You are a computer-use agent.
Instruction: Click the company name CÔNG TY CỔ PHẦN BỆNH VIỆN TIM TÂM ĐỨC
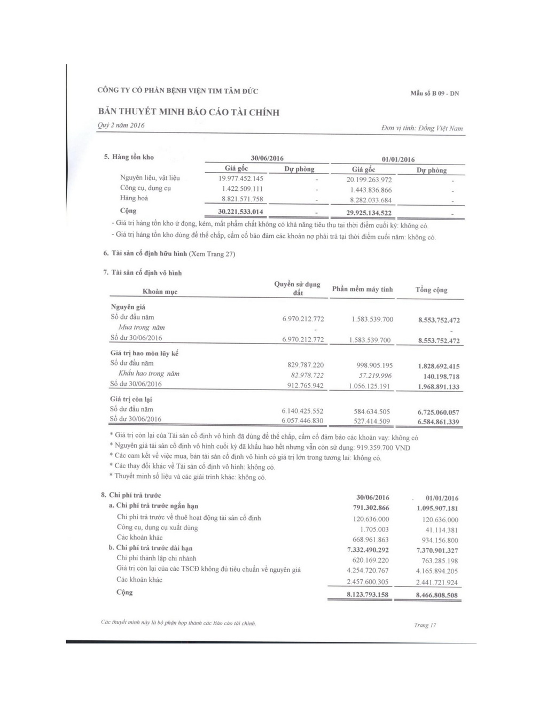[x=178, y=91]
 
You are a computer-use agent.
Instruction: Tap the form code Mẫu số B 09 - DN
[x=434, y=93]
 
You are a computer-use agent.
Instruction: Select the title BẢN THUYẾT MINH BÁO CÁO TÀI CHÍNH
[x=189, y=112]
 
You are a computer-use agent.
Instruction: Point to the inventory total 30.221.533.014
[x=240, y=212]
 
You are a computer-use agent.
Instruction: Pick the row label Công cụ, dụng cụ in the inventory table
[x=145, y=188]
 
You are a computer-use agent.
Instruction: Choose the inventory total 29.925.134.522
[x=369, y=213]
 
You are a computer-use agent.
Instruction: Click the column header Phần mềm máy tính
[x=362, y=289]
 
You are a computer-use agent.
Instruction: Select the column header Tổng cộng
[x=431, y=290]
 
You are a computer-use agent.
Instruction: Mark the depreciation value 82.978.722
[x=303, y=375]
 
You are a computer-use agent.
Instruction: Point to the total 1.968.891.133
[x=439, y=387]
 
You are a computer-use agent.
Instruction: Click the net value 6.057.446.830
[x=302, y=421]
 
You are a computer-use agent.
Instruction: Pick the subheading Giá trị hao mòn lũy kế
[x=144, y=353]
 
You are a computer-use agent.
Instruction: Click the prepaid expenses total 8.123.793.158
[x=368, y=595]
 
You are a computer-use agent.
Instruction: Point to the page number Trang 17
[x=425, y=625]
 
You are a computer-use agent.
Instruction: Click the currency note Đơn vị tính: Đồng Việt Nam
[x=422, y=128]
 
